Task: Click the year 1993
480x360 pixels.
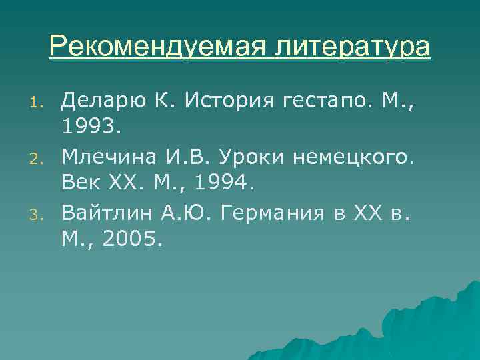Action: click(x=88, y=129)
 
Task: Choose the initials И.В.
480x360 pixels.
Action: click(x=184, y=157)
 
